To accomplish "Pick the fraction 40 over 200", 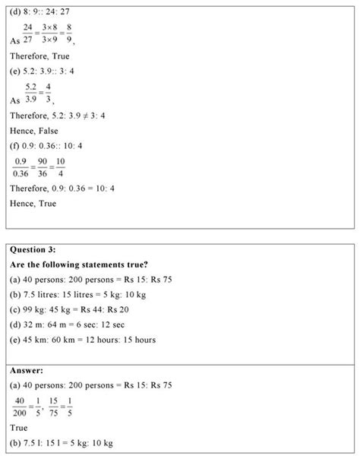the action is [21, 408].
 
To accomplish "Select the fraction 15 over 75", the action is [53, 408].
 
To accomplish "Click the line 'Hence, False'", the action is [33, 131].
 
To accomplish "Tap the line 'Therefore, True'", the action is [38, 57].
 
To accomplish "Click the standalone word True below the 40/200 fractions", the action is [20, 429].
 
